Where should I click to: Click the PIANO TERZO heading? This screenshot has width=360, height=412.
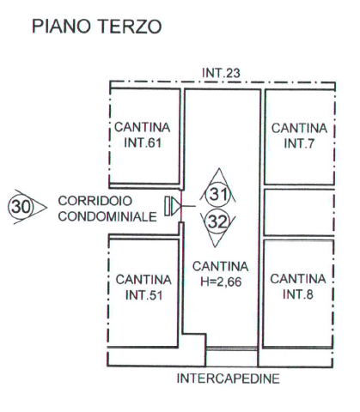coord(97,27)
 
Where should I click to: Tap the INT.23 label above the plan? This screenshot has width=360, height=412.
coord(221,73)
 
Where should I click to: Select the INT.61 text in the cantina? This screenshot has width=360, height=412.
coord(143,142)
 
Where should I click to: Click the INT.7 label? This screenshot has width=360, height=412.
coord(299,143)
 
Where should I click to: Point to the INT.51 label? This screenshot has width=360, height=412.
coord(143,295)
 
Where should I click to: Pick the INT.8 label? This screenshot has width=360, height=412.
coord(298,294)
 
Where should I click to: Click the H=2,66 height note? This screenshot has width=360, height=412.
coord(221,282)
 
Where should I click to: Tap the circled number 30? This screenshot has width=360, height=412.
coord(21,206)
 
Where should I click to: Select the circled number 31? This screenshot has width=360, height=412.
coord(218,195)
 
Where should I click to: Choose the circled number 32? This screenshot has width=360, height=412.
coord(217,221)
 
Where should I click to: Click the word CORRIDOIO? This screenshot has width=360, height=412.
coord(95,201)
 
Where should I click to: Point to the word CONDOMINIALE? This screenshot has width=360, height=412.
coord(107,216)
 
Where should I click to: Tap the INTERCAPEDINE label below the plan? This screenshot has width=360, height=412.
coord(228,379)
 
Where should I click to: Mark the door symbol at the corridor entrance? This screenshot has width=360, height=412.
coord(174,206)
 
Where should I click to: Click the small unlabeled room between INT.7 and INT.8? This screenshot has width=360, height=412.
coord(299,212)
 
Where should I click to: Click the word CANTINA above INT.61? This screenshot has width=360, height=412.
coord(143,127)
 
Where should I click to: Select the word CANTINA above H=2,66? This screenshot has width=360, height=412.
coord(221,267)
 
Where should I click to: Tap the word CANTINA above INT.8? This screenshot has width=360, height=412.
coord(298,279)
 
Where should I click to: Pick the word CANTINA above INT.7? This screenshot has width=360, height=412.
coord(299,128)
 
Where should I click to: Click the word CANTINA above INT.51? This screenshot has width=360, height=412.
coord(143,280)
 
